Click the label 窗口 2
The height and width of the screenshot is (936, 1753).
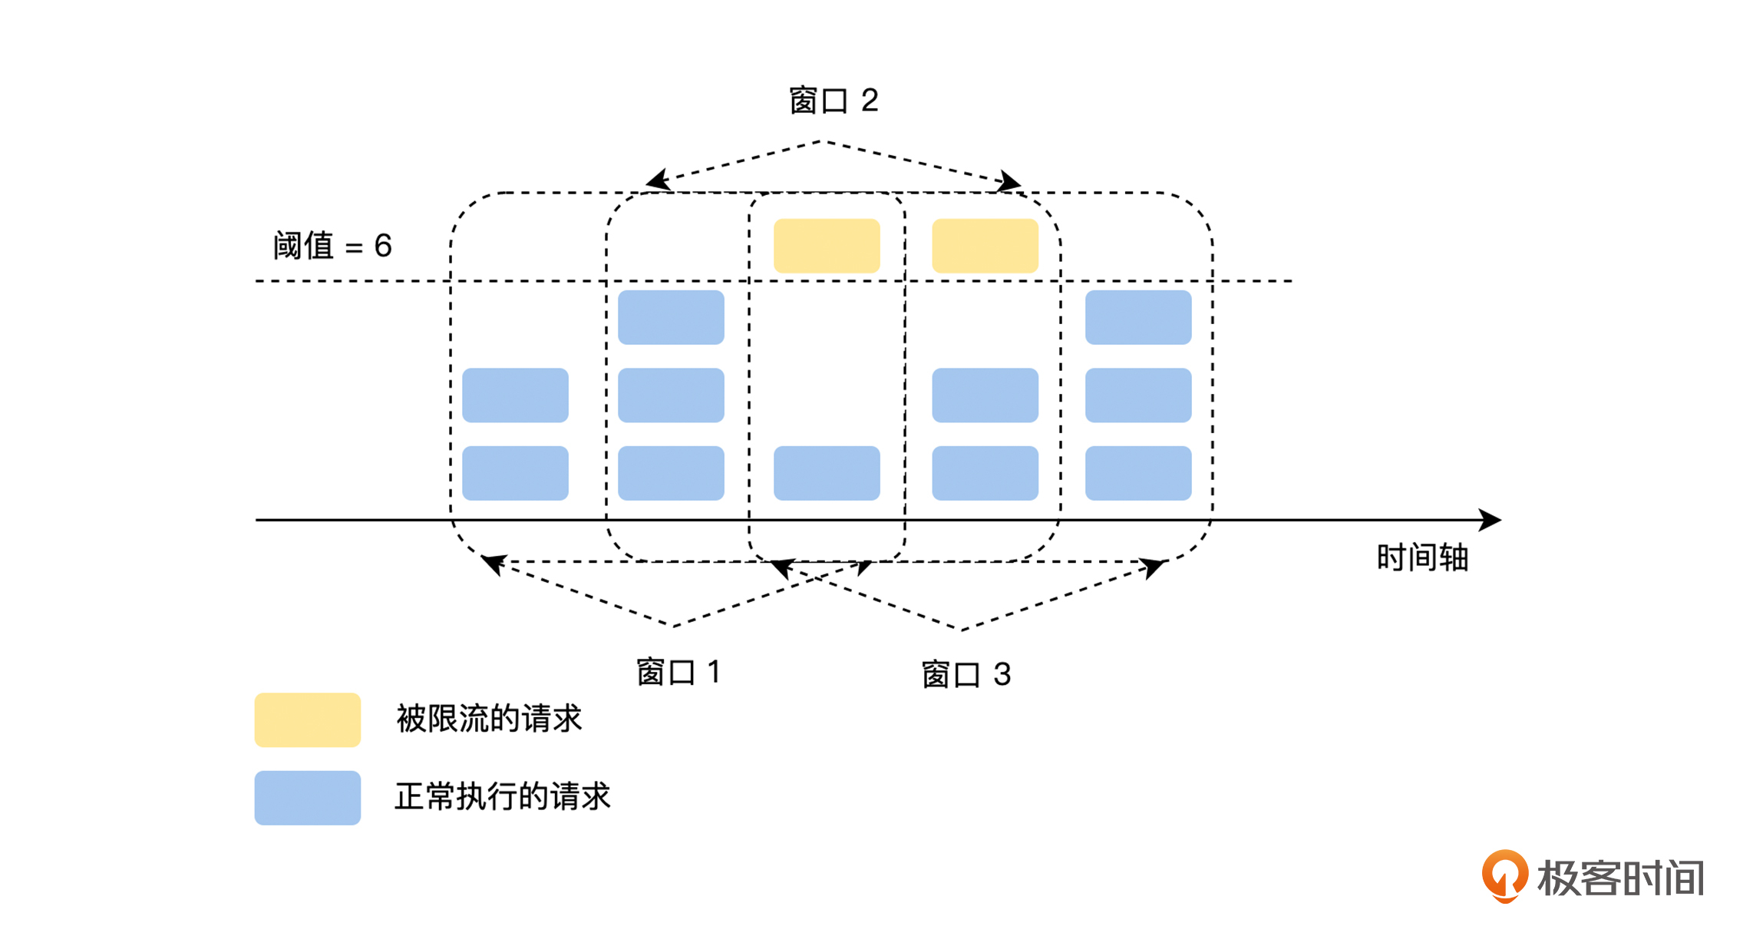click(x=834, y=101)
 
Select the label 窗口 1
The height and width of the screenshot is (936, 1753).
click(x=678, y=672)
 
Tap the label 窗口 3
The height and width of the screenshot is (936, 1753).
click(x=966, y=675)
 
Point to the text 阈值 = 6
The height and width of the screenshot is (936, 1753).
click(x=332, y=246)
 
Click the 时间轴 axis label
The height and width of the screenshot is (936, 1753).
click(x=1422, y=557)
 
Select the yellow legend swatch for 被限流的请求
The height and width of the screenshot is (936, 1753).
click(x=307, y=719)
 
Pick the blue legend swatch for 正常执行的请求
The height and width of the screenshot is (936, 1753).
click(x=307, y=798)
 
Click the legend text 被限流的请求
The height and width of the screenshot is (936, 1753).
click(x=489, y=719)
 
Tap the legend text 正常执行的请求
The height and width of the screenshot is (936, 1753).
click(x=503, y=796)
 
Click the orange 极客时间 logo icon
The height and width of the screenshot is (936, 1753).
click(x=1504, y=875)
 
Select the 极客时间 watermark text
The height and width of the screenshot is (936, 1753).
click(x=1620, y=878)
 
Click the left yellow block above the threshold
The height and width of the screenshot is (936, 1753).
click(x=827, y=246)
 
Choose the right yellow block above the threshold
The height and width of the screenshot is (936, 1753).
click(x=985, y=246)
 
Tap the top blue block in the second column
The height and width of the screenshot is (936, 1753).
click(x=671, y=317)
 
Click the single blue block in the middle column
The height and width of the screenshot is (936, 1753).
click(x=827, y=473)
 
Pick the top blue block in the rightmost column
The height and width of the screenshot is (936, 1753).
click(x=1138, y=317)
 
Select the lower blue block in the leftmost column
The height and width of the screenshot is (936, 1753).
click(x=515, y=473)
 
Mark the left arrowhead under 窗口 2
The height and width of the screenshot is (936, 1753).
click(x=656, y=181)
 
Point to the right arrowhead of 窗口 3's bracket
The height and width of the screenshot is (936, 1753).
click(x=1154, y=567)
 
